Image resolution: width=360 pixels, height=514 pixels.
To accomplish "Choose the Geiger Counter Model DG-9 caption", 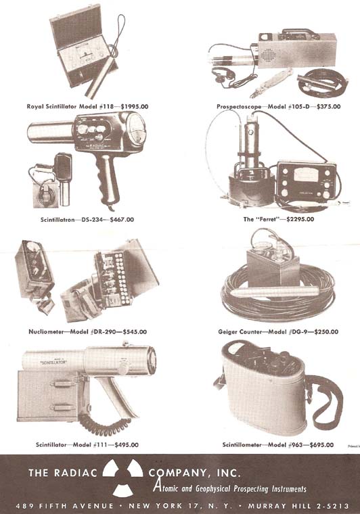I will point(260,331).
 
